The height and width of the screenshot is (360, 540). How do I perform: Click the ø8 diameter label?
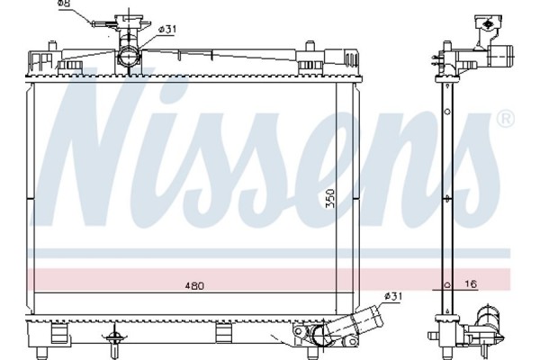click(64, 4)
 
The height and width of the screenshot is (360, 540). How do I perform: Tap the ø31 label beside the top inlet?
click(167, 30)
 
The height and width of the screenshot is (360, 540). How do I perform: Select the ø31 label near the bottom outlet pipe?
click(393, 296)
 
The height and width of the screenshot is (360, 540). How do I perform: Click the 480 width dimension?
click(195, 286)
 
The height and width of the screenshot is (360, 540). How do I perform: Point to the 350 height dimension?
click(330, 198)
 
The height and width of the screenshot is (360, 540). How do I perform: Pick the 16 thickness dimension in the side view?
click(471, 283)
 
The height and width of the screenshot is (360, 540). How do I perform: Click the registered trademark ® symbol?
click(506, 119)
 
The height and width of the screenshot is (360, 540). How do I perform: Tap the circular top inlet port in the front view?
click(130, 57)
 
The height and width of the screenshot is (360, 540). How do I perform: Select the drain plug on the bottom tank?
click(113, 338)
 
